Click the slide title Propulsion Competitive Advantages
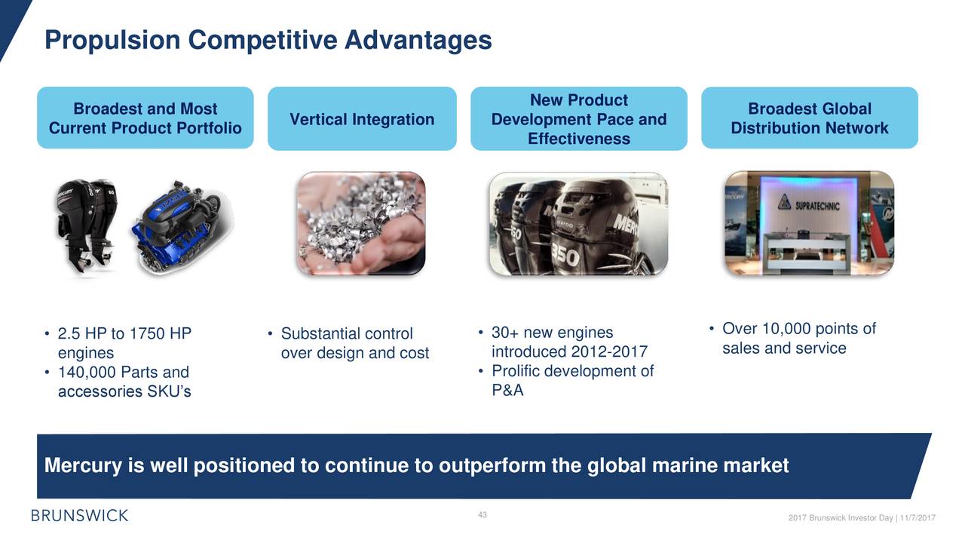268,40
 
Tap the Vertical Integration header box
362,118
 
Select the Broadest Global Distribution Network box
810,118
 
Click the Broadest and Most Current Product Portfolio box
146,118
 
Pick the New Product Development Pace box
578,118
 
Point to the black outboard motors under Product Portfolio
85,226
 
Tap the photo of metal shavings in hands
361,223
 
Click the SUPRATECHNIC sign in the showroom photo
809,204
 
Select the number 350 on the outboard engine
565,255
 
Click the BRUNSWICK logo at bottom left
80,515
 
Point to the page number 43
482,514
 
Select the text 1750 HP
161,333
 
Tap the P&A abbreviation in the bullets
507,390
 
